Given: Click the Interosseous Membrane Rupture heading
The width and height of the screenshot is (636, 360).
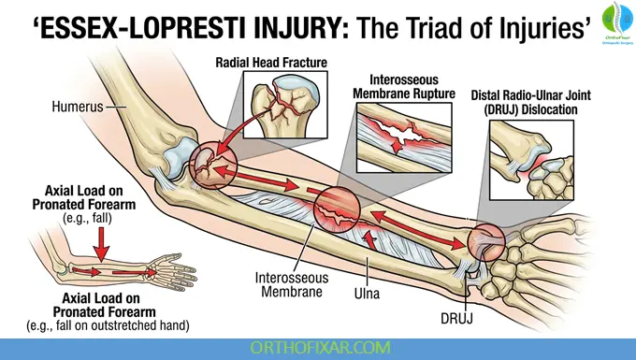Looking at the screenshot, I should [x=402, y=87].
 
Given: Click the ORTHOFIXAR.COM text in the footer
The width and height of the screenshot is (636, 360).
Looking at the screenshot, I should [x=317, y=347].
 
